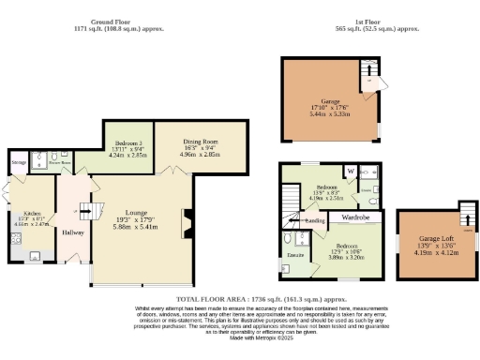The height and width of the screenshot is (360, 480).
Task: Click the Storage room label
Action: point(19,163)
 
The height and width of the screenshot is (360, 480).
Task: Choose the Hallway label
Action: point(73,232)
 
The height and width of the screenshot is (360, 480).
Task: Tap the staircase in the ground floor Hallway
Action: point(89,212)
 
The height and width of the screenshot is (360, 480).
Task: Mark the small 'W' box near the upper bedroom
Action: point(350,172)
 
